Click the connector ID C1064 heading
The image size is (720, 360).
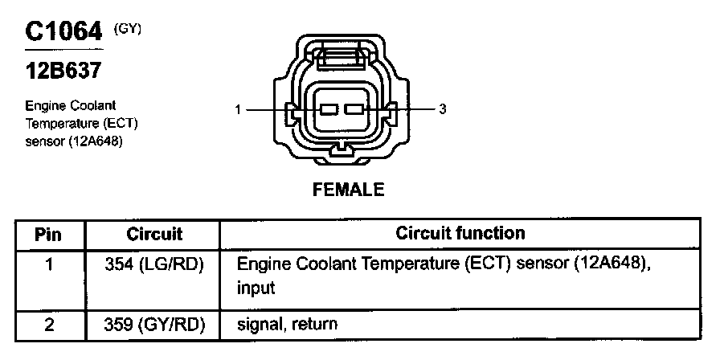tap(64, 31)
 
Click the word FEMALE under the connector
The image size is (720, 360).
tap(348, 190)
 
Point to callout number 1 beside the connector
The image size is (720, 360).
tap(239, 109)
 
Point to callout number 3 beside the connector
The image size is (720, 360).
tap(443, 109)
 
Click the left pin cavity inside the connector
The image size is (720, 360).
tap(328, 109)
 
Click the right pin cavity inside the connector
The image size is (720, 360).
tap(354, 109)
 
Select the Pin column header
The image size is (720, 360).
tap(49, 235)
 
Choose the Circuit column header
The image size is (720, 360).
tap(154, 235)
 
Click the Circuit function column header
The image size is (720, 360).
tap(460, 233)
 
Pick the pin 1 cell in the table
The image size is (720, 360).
tap(49, 264)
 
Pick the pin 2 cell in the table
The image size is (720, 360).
tap(49, 325)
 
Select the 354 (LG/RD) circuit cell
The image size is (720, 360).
tap(154, 264)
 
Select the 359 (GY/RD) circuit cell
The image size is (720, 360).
tap(154, 325)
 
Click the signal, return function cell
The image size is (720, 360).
tap(287, 325)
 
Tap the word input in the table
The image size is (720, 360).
tap(256, 287)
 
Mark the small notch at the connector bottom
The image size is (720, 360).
tap(341, 149)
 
